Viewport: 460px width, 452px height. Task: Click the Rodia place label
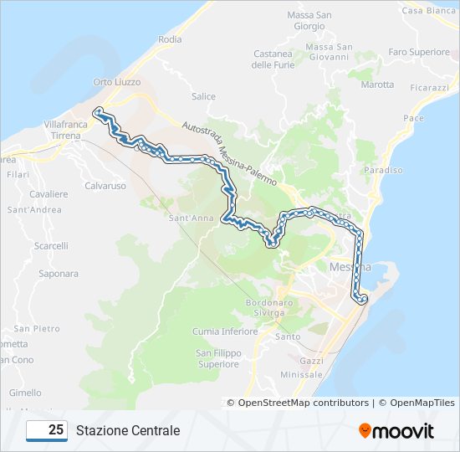pyautogui.click(x=170, y=39)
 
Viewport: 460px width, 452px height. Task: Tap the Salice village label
pyautogui.click(x=203, y=96)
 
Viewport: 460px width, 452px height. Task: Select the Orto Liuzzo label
pyautogui.click(x=117, y=82)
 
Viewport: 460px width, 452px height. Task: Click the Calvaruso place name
pyautogui.click(x=105, y=186)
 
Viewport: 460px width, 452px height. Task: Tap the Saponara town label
pyautogui.click(x=59, y=274)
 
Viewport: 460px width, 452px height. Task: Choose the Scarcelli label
pyautogui.click(x=52, y=246)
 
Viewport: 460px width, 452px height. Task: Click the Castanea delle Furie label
pyautogui.click(x=273, y=59)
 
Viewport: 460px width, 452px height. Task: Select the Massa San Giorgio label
pyautogui.click(x=309, y=21)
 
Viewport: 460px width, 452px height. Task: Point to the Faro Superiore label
pyautogui.click(x=419, y=52)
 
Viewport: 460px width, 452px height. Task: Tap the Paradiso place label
pyautogui.click(x=385, y=170)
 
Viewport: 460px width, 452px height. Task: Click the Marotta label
pyautogui.click(x=377, y=85)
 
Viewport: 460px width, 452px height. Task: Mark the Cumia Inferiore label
pyautogui.click(x=225, y=331)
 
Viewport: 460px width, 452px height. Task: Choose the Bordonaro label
pyautogui.click(x=266, y=302)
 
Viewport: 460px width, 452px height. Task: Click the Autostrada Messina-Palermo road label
pyautogui.click(x=229, y=151)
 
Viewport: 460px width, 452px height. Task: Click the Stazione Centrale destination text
pyautogui.click(x=128, y=431)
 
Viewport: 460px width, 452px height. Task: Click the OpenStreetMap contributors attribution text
pyautogui.click(x=303, y=403)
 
